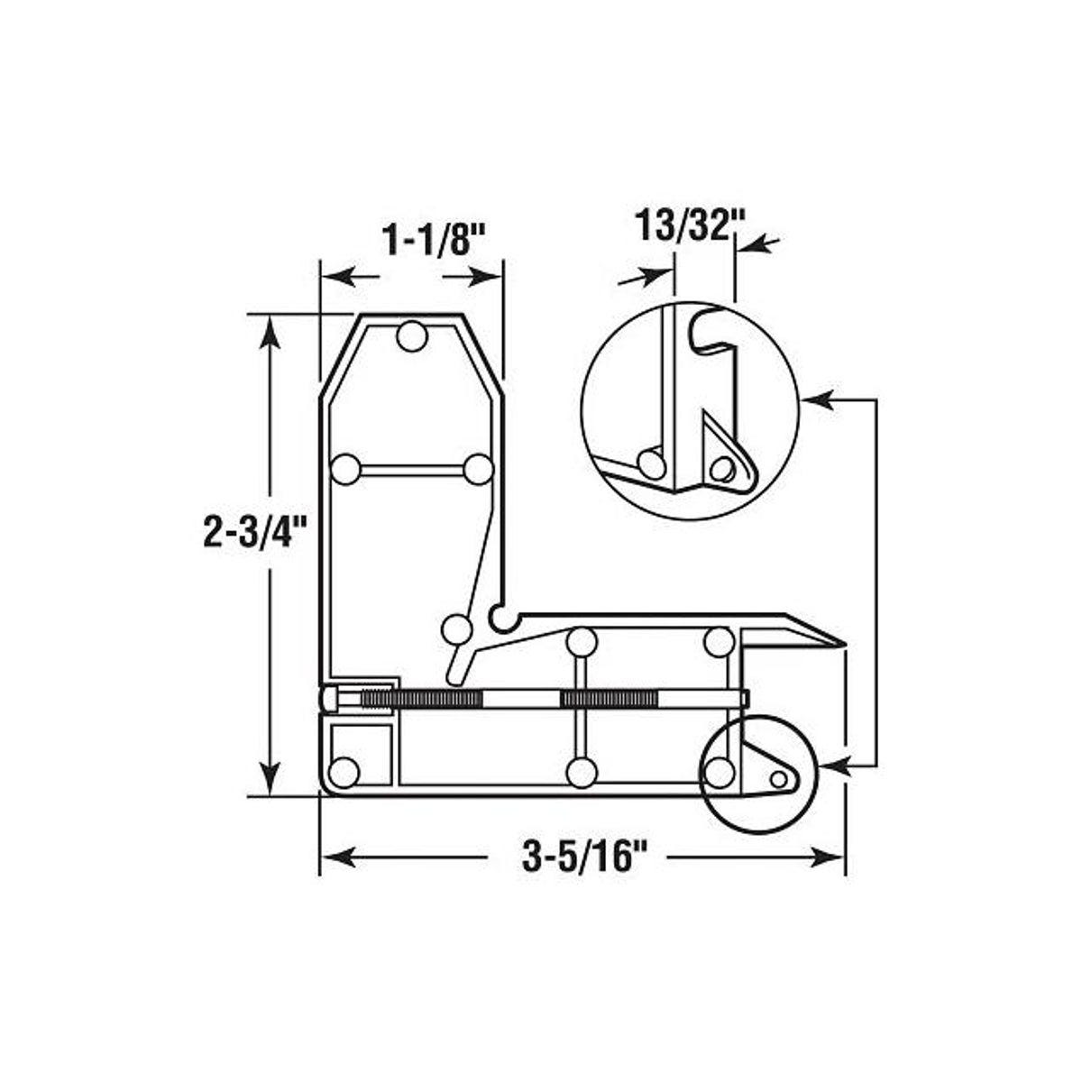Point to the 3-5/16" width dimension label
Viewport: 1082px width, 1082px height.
coord(585,855)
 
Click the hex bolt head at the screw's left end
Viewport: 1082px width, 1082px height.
coord(329,699)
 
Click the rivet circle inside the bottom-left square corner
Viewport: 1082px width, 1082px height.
coord(344,772)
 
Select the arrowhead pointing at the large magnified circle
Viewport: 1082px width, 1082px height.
coord(813,397)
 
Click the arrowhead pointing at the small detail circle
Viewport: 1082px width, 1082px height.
coord(834,765)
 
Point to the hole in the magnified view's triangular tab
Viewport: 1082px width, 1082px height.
coord(720,467)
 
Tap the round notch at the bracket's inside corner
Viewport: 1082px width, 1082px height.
coord(499,618)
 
